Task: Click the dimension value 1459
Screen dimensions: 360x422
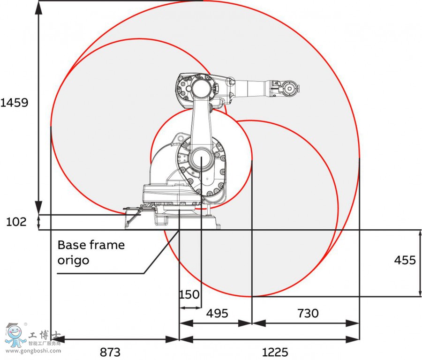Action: (x=15, y=103)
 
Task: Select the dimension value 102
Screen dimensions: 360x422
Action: (x=17, y=222)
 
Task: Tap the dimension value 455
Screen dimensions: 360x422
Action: (x=405, y=260)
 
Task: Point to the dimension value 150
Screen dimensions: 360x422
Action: (x=189, y=295)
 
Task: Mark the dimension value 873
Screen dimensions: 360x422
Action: (x=110, y=352)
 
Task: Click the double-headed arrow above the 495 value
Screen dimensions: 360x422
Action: (x=216, y=323)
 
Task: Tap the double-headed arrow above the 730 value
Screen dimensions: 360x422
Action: (x=306, y=323)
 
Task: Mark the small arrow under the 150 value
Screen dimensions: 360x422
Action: (x=190, y=307)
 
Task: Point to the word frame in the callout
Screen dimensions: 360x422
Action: (x=108, y=245)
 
